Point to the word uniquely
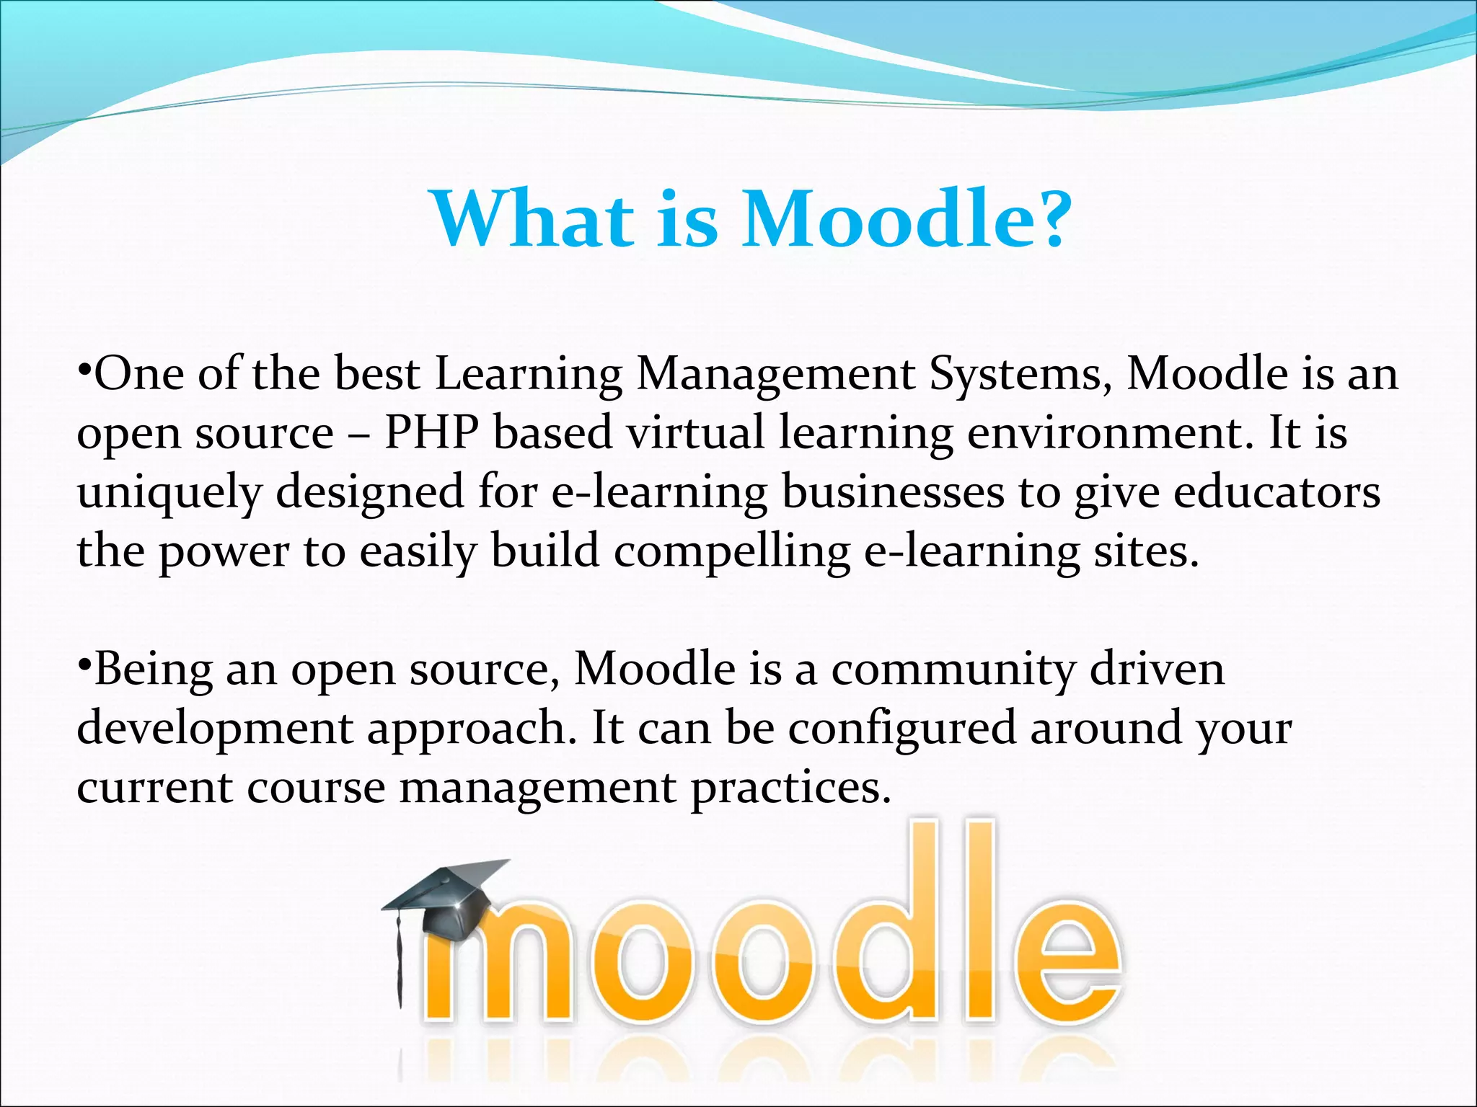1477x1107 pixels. coord(169,493)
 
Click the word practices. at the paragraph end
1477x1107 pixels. coord(790,788)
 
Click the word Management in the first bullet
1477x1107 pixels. coord(776,375)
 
